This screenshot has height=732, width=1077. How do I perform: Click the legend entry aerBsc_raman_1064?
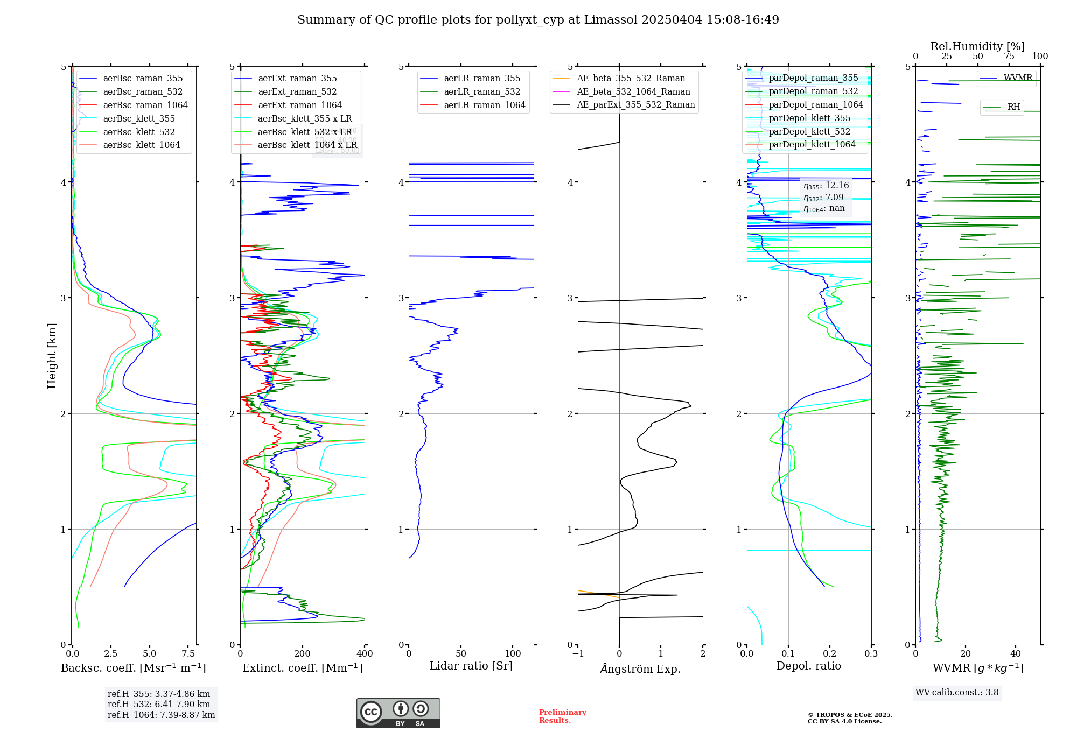click(x=145, y=105)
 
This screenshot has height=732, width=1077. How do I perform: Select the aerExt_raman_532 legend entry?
click(x=297, y=92)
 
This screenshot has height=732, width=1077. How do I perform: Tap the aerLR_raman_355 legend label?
click(x=482, y=79)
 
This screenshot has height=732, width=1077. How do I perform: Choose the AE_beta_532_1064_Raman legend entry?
click(x=633, y=92)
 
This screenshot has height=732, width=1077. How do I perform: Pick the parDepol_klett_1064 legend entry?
click(x=812, y=145)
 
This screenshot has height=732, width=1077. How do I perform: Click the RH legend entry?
click(x=1013, y=107)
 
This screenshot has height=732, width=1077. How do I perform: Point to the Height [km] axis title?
click(x=52, y=356)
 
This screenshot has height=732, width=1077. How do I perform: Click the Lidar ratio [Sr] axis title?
click(x=471, y=666)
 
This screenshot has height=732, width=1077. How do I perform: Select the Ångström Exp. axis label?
click(x=640, y=668)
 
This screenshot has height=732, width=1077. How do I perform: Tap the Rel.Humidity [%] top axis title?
click(x=977, y=46)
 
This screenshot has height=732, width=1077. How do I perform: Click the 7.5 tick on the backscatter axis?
click(x=188, y=654)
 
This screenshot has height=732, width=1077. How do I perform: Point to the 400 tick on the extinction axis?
click(x=365, y=654)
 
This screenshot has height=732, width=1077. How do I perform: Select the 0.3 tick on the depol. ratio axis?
click(x=871, y=654)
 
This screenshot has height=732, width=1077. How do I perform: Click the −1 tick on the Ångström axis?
click(x=578, y=654)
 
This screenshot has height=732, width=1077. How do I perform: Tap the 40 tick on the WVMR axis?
click(x=1016, y=654)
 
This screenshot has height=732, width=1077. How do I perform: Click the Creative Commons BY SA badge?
click(x=398, y=713)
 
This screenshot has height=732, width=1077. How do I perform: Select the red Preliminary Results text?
click(x=562, y=716)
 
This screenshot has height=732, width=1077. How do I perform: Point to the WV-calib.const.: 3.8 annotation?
click(x=957, y=693)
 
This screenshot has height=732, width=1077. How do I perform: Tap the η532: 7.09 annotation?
click(x=823, y=198)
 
